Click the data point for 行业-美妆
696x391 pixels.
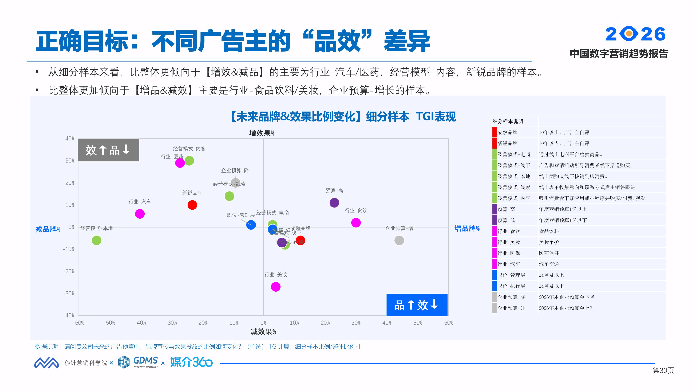tap(276, 287)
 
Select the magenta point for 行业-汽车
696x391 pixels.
tap(140, 214)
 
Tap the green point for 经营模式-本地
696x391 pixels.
tap(96, 240)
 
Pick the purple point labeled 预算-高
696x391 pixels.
tap(334, 203)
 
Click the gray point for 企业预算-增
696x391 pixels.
tap(399, 240)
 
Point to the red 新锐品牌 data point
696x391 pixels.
tap(192, 205)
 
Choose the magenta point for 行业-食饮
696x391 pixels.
tap(356, 223)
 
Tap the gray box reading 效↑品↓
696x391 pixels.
tap(109, 150)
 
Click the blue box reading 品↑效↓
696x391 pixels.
tap(417, 305)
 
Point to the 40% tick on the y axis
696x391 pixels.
tap(70, 139)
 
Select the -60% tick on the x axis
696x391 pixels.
tap(78, 323)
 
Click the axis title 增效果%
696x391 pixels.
tap(262, 133)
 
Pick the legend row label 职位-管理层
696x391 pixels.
tap(511, 275)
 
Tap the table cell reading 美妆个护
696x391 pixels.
tap(549, 242)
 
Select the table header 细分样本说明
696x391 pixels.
tap(508, 121)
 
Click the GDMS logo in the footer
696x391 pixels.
tap(138, 362)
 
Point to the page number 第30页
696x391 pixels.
tap(663, 370)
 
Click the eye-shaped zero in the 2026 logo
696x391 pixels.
tap(629, 34)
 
